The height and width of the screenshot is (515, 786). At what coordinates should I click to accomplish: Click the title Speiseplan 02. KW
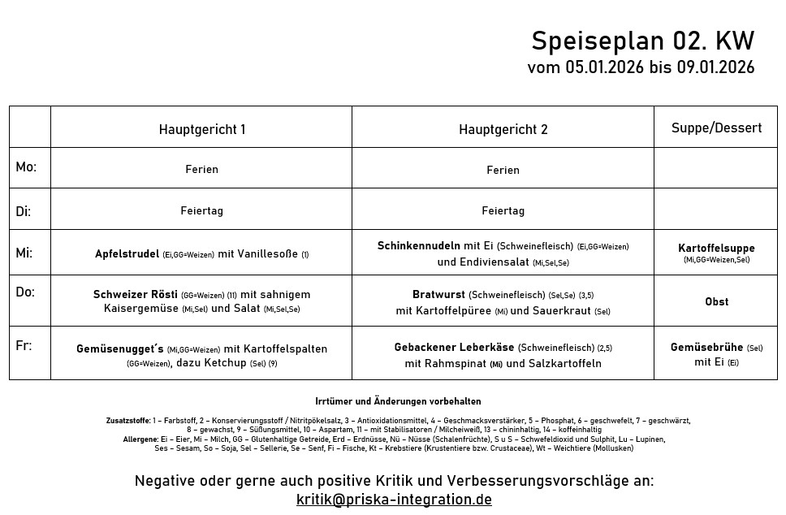coord(642,41)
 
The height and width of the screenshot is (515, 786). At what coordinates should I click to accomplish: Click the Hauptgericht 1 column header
coord(202,129)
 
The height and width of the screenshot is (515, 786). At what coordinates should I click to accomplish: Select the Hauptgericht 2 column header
coord(503,129)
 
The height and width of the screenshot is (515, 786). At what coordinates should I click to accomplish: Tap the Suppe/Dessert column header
coord(716,128)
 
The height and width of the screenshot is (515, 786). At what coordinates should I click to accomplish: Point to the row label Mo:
coord(26,167)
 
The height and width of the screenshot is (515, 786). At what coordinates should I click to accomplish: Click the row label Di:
coord(24,211)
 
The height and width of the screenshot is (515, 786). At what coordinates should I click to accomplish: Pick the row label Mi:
coord(24,253)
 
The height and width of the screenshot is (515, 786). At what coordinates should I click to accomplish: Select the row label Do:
coord(25,292)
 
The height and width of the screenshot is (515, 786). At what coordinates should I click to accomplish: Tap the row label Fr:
coord(24,345)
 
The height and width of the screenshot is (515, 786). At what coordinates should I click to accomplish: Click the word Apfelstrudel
coord(127,253)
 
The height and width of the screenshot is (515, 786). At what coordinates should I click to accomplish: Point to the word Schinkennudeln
coord(418,245)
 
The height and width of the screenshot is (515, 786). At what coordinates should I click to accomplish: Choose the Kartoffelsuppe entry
coord(716,248)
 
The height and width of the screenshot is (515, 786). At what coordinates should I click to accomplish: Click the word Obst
coord(716,301)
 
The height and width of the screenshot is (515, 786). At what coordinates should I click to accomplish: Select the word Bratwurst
coord(438,294)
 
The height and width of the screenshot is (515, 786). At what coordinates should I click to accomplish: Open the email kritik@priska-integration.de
coord(394,500)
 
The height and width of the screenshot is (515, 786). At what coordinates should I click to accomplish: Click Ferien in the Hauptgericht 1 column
coord(201,170)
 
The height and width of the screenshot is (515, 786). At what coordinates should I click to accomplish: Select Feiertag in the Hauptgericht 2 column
coord(503,210)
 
